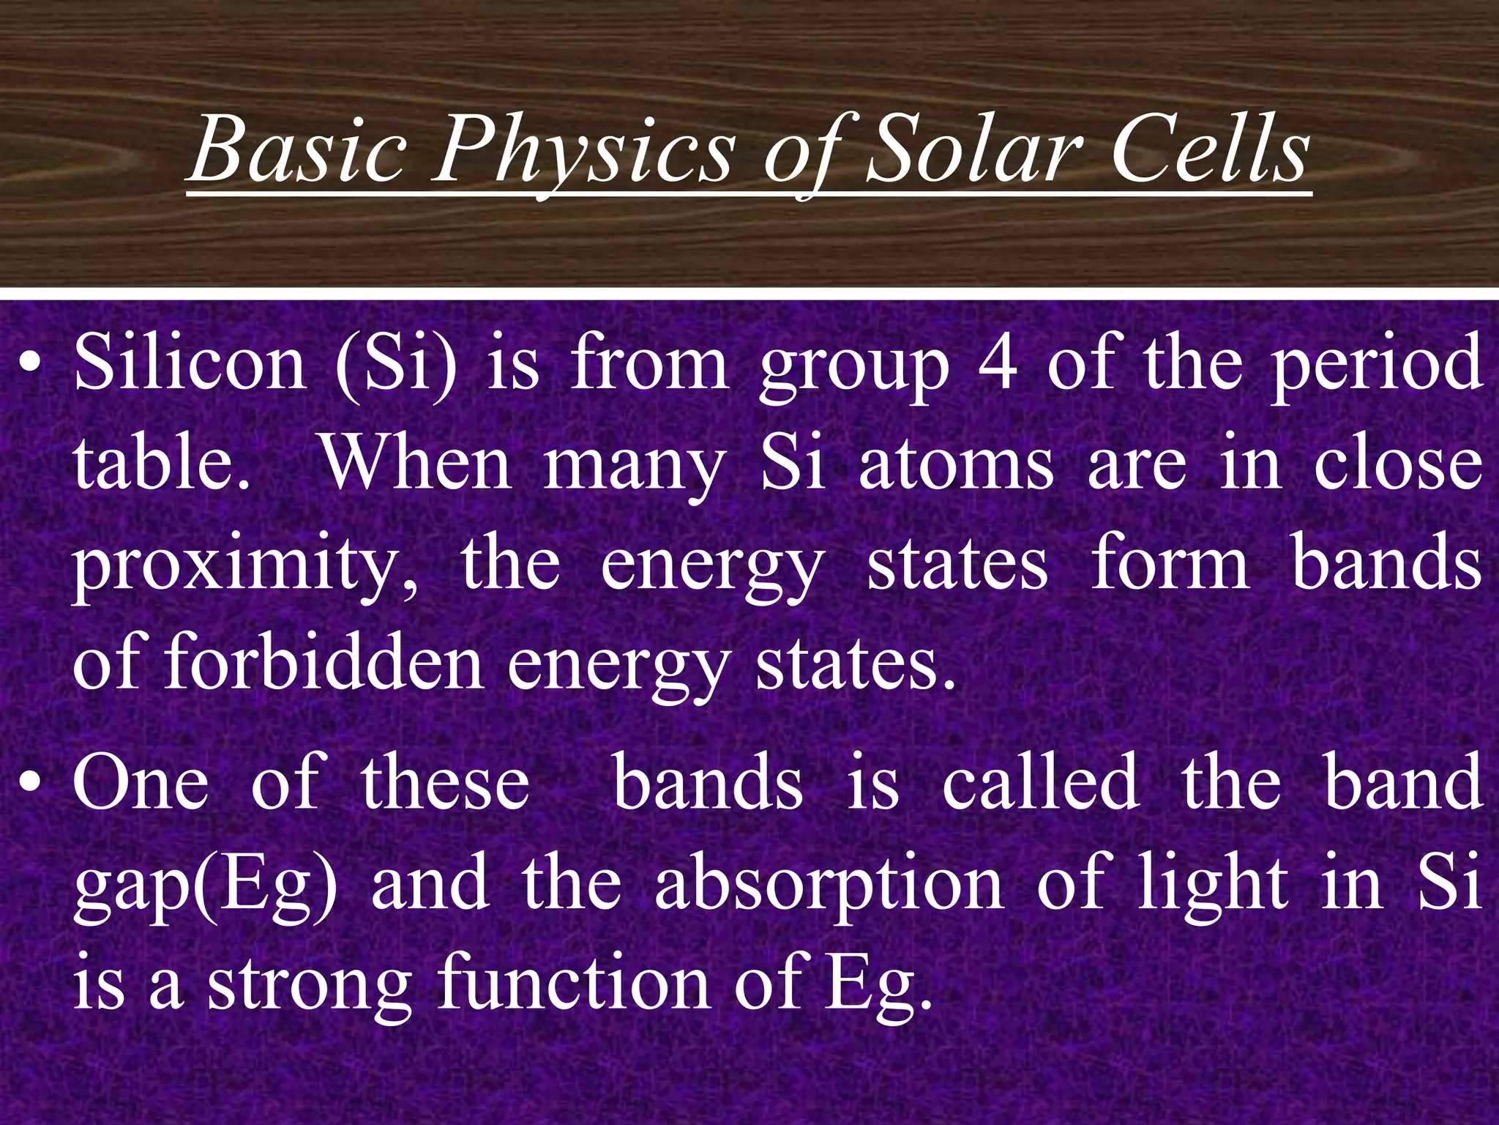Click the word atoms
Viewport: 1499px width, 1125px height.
[x=956, y=465]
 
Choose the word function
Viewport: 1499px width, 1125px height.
[x=574, y=982]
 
